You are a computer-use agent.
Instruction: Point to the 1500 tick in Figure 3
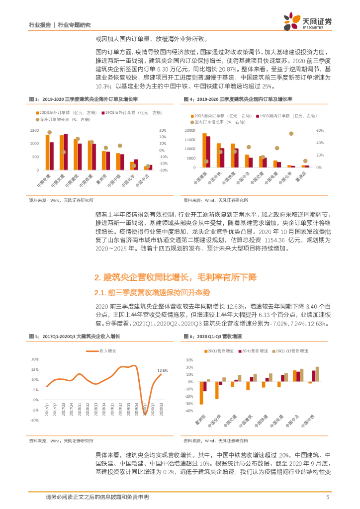[33, 131]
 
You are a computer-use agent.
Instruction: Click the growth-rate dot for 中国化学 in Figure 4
[291, 134]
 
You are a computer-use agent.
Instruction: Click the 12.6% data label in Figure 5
[162, 370]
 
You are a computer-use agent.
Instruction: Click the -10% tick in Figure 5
[34, 420]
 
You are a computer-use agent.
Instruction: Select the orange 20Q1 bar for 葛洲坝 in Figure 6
[201, 393]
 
